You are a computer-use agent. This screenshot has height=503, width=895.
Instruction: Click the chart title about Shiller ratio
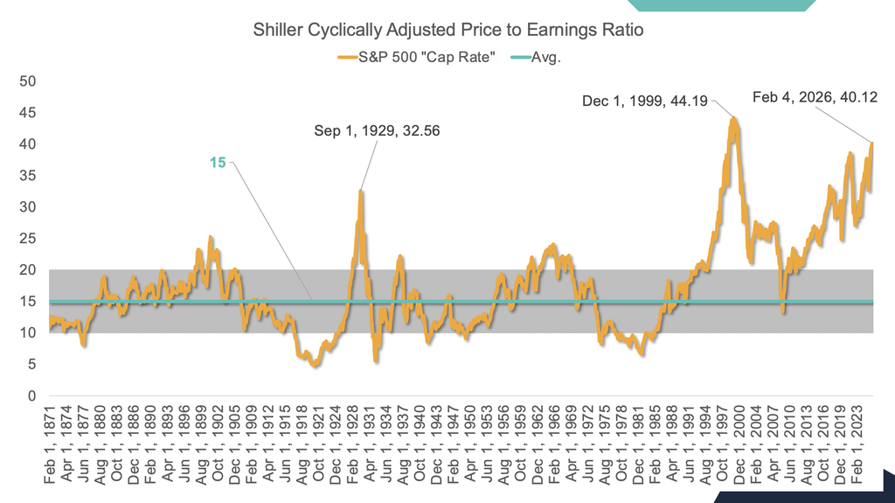point(447,31)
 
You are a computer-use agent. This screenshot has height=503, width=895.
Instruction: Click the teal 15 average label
point(218,162)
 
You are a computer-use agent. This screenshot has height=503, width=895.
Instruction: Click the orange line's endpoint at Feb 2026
point(871,143)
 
